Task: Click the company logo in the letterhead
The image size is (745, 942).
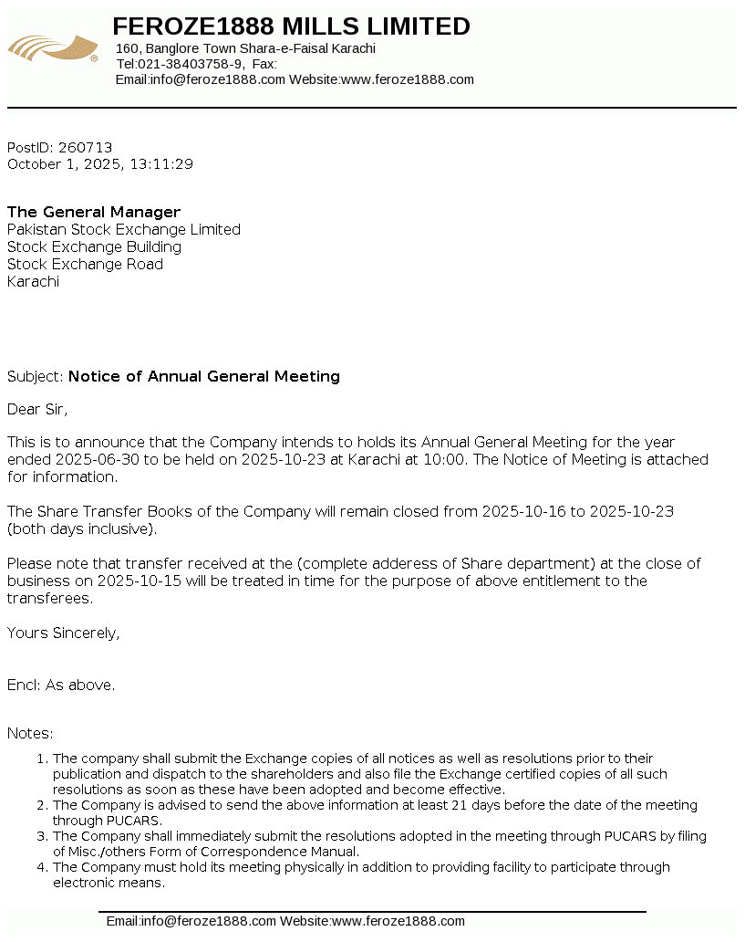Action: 53,47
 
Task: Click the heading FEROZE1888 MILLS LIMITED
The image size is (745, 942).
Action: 291,26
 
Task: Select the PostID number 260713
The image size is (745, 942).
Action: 85,147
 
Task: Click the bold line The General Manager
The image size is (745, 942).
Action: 94,212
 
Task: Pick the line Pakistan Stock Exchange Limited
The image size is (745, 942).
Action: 124,229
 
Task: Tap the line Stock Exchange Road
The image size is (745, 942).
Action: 85,264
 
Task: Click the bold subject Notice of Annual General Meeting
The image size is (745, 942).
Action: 204,376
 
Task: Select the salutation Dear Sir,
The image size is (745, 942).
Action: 37,409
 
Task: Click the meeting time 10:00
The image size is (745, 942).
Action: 447,459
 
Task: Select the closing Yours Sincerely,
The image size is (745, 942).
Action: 63,633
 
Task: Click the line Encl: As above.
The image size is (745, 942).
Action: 61,685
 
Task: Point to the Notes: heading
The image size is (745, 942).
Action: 30,733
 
